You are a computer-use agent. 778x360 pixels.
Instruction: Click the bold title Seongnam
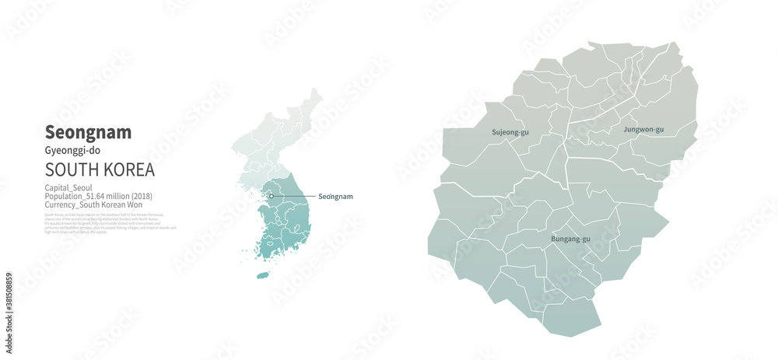coord(88,132)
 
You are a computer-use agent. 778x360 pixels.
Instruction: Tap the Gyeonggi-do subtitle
coord(72,150)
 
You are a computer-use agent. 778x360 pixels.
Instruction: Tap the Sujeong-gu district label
coord(510,132)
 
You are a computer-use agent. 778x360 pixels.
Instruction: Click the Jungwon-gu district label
coord(643,129)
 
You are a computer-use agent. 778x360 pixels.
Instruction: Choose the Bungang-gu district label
coord(570,238)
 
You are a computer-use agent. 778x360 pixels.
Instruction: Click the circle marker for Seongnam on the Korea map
coord(272,196)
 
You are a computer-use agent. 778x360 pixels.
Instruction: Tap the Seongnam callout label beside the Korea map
coord(335,197)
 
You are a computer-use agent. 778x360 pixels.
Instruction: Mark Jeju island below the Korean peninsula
coord(262,275)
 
